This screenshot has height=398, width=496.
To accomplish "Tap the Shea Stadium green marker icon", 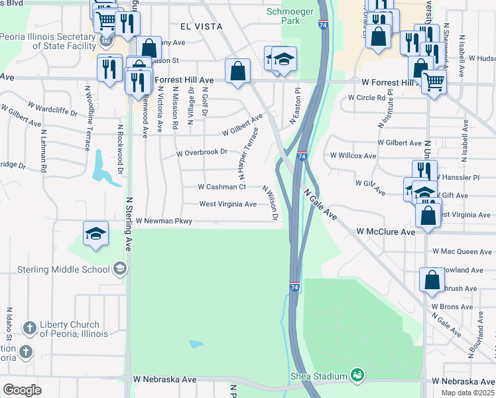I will [x=358, y=375].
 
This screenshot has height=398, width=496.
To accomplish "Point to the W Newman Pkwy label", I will [x=164, y=220].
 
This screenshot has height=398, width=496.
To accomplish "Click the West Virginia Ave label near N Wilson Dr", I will [x=227, y=204].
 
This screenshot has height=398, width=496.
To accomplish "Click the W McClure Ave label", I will [x=385, y=232].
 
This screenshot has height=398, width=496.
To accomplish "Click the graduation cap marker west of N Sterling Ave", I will [x=96, y=234].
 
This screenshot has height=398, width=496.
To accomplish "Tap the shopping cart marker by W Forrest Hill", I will [x=433, y=83].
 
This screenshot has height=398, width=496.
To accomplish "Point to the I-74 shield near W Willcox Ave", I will [x=301, y=157].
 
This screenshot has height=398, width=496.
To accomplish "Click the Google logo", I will [x=23, y=389].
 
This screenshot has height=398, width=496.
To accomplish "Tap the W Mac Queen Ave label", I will [x=462, y=252].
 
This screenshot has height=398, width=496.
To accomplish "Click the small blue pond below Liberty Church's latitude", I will [x=196, y=344].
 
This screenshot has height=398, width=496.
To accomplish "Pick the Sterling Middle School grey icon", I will [x=119, y=269].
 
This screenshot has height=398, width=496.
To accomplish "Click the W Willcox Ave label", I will [x=353, y=157].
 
